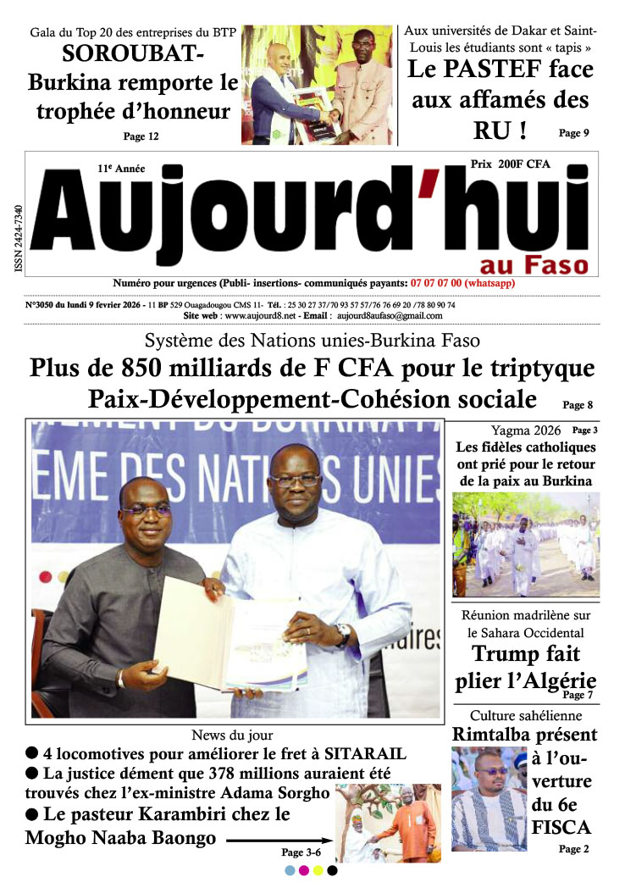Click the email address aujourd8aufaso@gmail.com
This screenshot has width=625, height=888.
point(389,315)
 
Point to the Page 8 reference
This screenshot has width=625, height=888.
point(578,405)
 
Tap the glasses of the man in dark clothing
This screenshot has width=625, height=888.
point(146,511)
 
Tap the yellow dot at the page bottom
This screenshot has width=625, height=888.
point(318,870)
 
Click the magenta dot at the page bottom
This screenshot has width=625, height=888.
point(304,870)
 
